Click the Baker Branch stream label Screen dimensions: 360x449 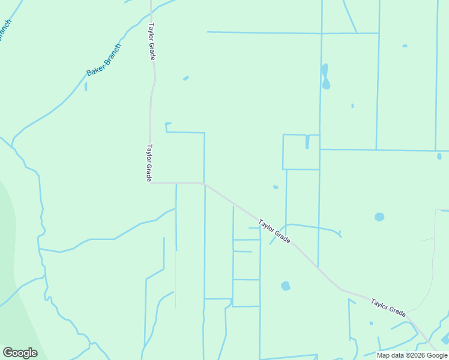(x=104, y=59)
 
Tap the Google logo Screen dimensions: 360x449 (x=20, y=353)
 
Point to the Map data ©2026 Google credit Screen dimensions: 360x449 (x=412, y=355)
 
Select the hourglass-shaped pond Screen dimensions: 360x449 (x=325, y=76)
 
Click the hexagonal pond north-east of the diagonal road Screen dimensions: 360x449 (x=379, y=217)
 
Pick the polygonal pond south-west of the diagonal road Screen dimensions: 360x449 (x=286, y=286)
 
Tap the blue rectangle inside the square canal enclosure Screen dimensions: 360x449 (x=307, y=142)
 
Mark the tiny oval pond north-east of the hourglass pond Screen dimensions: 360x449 (x=405, y=46)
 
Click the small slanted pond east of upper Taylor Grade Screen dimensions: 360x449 (x=186, y=78)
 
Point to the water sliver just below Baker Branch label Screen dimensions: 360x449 (x=86, y=86)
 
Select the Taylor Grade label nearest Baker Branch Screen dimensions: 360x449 (x=152, y=41)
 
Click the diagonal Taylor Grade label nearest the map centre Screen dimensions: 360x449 (x=275, y=231)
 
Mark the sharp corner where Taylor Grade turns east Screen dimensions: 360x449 (x=151, y=182)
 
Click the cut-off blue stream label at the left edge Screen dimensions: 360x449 (x=5, y=30)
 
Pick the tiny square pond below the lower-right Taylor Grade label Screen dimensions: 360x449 (x=371, y=323)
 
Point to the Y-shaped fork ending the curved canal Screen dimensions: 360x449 (x=340, y=233)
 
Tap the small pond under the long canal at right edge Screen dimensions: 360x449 (x=439, y=156)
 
